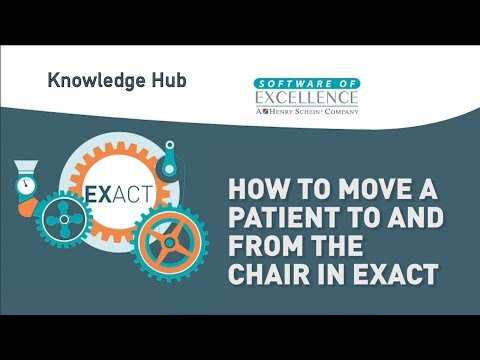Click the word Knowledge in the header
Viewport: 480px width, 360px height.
pos(90,78)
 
